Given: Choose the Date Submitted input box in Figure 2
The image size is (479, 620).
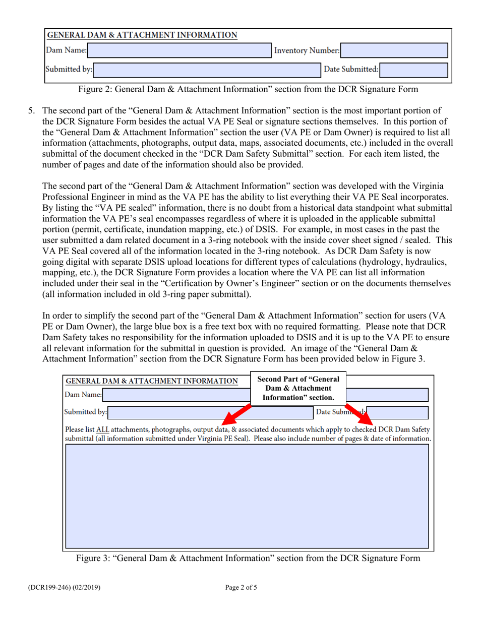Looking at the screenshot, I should (413, 70).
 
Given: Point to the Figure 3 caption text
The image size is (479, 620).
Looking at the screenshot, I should (248, 558).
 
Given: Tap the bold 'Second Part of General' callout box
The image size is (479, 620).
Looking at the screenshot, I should (298, 389).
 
